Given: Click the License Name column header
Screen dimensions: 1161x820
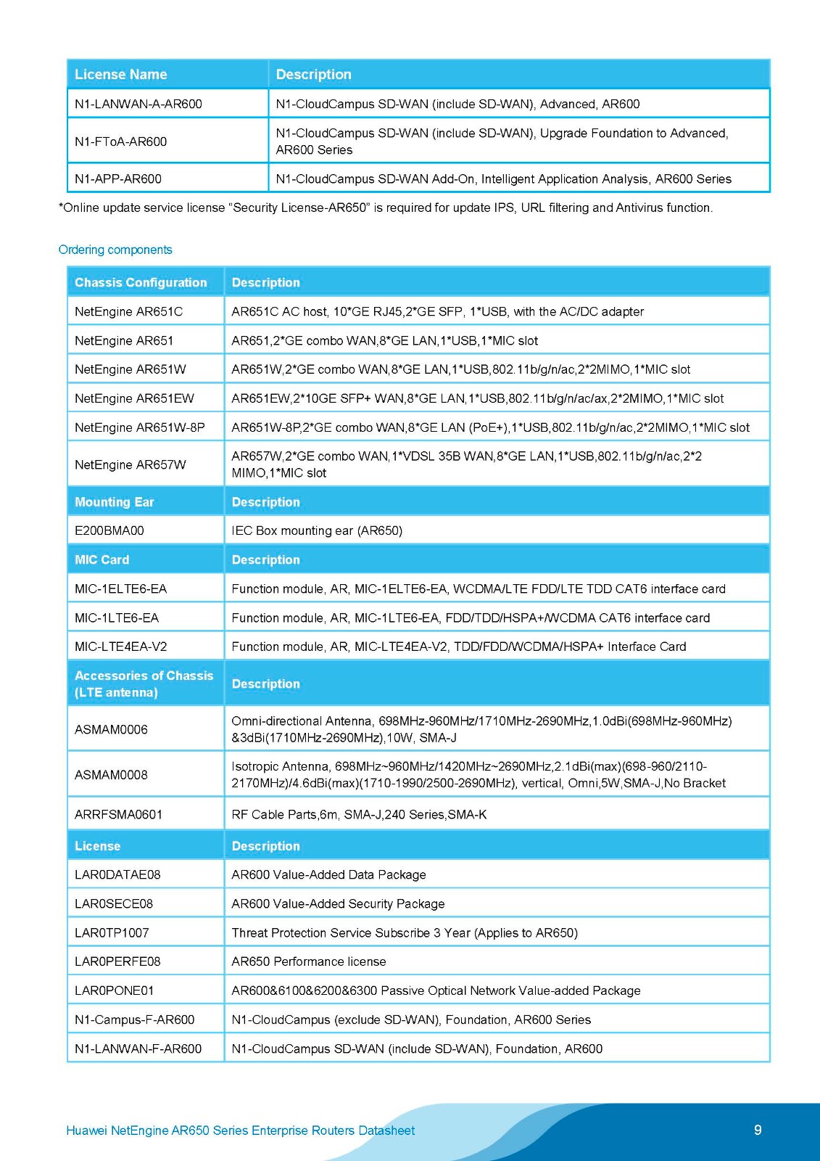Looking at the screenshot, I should coord(121,75).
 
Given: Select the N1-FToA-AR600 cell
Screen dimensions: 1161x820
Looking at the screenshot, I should coord(121,141).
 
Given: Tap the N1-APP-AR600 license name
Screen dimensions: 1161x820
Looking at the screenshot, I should coord(118,179).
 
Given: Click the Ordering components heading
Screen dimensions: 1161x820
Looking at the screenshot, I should coord(115,250).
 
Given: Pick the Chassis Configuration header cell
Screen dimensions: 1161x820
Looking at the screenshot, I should coord(141,283).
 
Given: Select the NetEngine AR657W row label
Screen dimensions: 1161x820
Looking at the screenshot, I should coord(131,464).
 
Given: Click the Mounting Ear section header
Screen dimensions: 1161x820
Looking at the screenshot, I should coord(115,502).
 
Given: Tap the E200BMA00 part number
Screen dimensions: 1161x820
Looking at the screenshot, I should coord(109,530).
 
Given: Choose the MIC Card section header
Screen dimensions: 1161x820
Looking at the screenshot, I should coord(102,560).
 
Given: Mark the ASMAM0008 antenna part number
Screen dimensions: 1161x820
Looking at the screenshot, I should coord(111,775).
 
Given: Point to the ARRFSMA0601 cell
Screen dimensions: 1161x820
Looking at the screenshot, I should coord(119,814).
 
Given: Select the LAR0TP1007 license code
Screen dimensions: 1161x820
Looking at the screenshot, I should coord(112,933).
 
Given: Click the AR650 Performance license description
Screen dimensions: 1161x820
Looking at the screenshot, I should coord(309,961).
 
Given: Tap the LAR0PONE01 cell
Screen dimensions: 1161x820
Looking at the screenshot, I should coord(115,990).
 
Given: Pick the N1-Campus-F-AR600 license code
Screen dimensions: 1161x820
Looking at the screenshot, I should coord(135,1020).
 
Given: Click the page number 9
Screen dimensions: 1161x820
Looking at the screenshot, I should coord(758,1130).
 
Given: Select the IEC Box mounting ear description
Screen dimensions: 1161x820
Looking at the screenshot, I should coord(317,530).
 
